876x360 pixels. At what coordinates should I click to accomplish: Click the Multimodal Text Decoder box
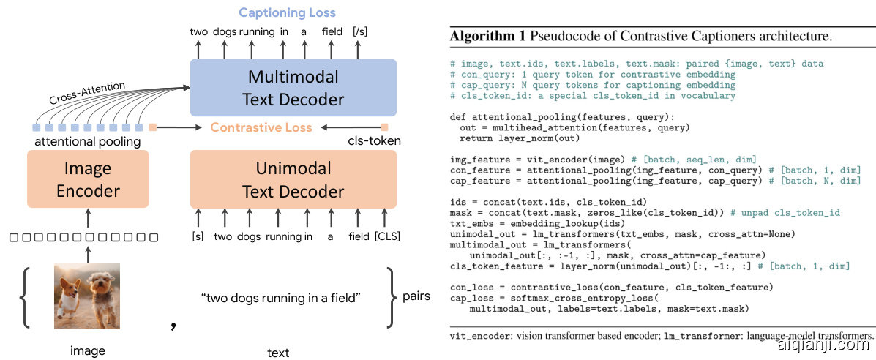(293, 88)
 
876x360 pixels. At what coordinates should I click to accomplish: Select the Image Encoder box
(88, 179)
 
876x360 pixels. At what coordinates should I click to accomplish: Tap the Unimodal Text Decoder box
(293, 179)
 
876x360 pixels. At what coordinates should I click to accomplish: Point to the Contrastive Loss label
(261, 127)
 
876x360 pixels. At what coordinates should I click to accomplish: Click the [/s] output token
(360, 31)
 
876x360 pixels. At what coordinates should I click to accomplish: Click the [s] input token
(198, 236)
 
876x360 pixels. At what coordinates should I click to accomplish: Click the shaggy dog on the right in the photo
(103, 293)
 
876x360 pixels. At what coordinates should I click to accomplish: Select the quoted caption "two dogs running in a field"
(281, 298)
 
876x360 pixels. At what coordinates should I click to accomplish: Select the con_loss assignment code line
(611, 286)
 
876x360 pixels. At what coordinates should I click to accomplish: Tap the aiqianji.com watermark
(826, 345)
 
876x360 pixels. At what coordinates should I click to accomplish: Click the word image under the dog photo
(87, 350)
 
